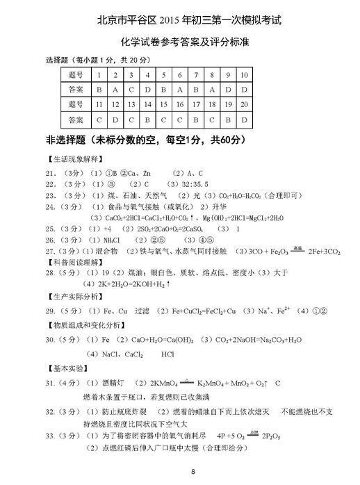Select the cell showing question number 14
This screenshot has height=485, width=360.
(x=147, y=105)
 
